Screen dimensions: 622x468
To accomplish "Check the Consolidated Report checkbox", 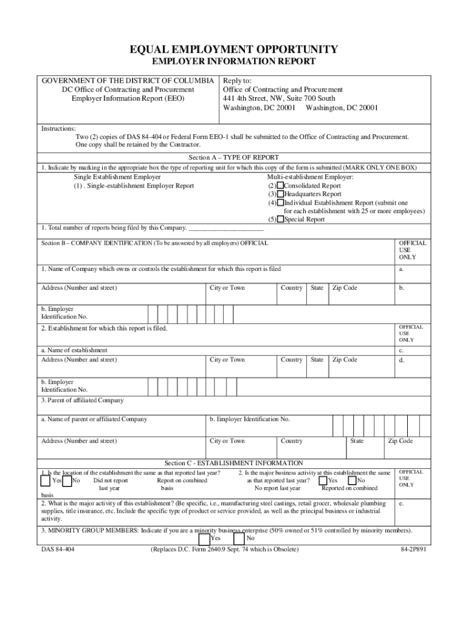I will point(280,186).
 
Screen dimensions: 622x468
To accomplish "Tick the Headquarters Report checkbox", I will point(280,194).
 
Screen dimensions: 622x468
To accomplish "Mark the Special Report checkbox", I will point(280,219).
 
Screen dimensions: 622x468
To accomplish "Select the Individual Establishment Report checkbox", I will point(280,203).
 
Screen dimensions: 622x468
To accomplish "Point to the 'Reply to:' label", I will point(237,81).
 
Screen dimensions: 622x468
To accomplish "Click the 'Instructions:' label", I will point(58,129).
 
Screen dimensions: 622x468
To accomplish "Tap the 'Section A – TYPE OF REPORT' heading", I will point(234,157).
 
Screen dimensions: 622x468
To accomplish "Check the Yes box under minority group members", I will point(204,539).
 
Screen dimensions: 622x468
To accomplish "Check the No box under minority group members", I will point(239,539).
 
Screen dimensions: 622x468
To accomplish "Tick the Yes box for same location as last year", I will point(46,480).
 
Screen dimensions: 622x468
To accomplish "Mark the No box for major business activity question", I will point(353,480).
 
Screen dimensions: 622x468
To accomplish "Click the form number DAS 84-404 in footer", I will point(58,550).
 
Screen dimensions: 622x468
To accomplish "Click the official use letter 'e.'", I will point(401,504).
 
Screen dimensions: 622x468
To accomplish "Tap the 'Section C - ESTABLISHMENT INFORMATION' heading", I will point(234,463).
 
